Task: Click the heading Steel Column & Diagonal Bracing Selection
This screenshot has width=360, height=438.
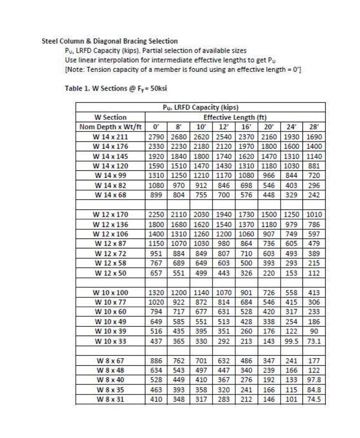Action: point(109,41)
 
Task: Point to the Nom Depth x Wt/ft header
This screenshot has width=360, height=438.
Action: point(110,127)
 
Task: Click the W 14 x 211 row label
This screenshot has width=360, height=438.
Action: point(110,136)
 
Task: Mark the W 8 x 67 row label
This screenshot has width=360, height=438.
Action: point(110,361)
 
